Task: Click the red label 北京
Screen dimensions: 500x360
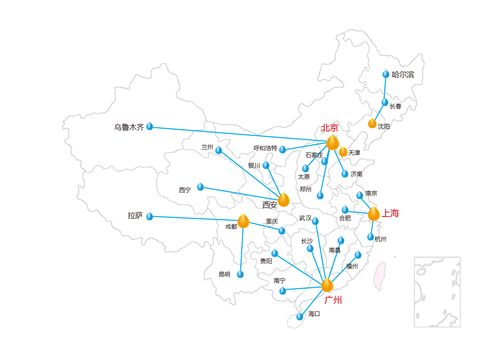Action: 329,128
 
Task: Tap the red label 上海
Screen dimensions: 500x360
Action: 390,213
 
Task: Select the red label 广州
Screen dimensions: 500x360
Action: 333,298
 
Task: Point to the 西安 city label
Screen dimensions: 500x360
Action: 270,204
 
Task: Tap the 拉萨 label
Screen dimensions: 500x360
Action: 135,215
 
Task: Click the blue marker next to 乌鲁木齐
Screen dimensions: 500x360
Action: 153,127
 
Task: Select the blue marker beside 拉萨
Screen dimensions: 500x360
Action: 152,215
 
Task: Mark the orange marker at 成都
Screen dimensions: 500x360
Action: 243,219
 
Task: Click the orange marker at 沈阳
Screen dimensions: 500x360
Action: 372,123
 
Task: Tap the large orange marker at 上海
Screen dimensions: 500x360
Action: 374,213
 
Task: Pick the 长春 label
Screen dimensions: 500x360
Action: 395,106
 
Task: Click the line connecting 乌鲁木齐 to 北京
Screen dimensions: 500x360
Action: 240,135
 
